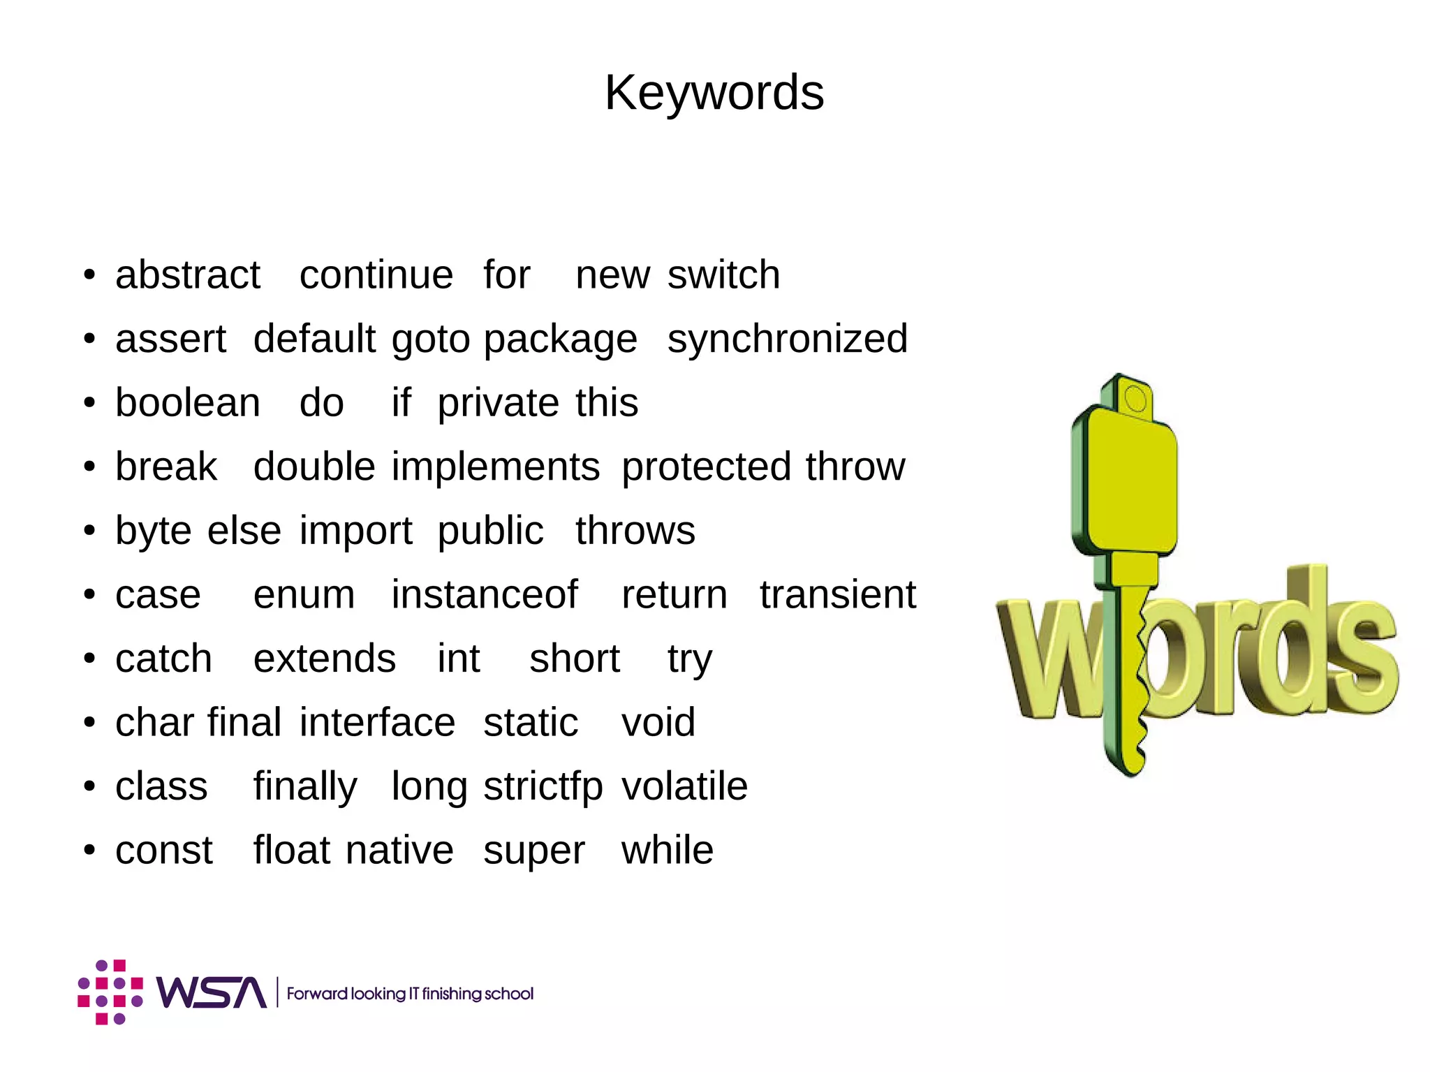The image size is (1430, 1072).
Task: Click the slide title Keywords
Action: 714,93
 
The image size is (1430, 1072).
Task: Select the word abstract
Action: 187,274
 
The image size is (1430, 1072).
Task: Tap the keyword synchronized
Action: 787,339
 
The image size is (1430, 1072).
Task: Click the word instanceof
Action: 484,594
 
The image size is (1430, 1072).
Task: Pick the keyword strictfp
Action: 543,786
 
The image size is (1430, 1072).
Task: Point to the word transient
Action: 837,594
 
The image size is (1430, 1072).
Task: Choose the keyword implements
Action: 495,467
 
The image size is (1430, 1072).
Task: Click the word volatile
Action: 684,786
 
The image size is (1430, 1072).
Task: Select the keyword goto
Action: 430,340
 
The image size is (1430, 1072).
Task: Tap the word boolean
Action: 188,403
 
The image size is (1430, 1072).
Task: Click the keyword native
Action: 399,850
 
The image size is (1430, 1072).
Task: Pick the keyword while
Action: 667,850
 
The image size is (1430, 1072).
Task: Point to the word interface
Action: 377,722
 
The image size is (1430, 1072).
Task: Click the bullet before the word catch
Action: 89,659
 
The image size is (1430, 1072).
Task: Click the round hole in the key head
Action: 1136,399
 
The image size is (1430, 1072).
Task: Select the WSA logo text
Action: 212,992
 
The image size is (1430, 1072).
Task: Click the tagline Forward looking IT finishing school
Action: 410,993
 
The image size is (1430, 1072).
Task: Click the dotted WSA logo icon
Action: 110,992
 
